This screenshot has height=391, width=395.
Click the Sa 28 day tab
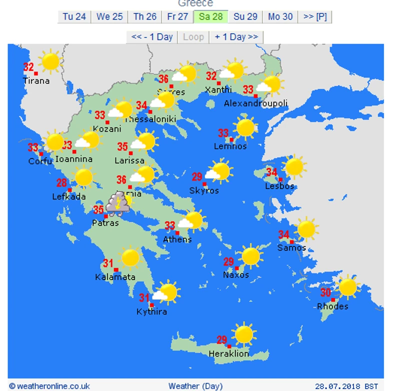[210, 16]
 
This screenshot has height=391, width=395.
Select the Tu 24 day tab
[74, 16]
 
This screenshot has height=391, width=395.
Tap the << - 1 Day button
[151, 37]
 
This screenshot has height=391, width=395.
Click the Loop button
[193, 37]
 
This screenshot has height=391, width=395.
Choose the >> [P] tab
[314, 16]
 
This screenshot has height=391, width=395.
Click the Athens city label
[177, 239]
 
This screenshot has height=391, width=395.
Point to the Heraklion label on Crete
[228, 353]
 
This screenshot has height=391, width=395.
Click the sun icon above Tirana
[50, 61]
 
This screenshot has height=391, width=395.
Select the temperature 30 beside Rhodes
[325, 293]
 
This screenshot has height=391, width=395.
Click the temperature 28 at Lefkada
[61, 183]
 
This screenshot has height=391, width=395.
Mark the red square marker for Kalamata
[116, 270]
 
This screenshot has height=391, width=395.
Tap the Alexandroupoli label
[255, 103]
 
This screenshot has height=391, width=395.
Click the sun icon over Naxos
[250, 256]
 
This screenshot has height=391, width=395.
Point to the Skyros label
[204, 190]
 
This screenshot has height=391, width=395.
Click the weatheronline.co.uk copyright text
[49, 386]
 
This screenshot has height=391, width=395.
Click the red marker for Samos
[292, 242]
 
